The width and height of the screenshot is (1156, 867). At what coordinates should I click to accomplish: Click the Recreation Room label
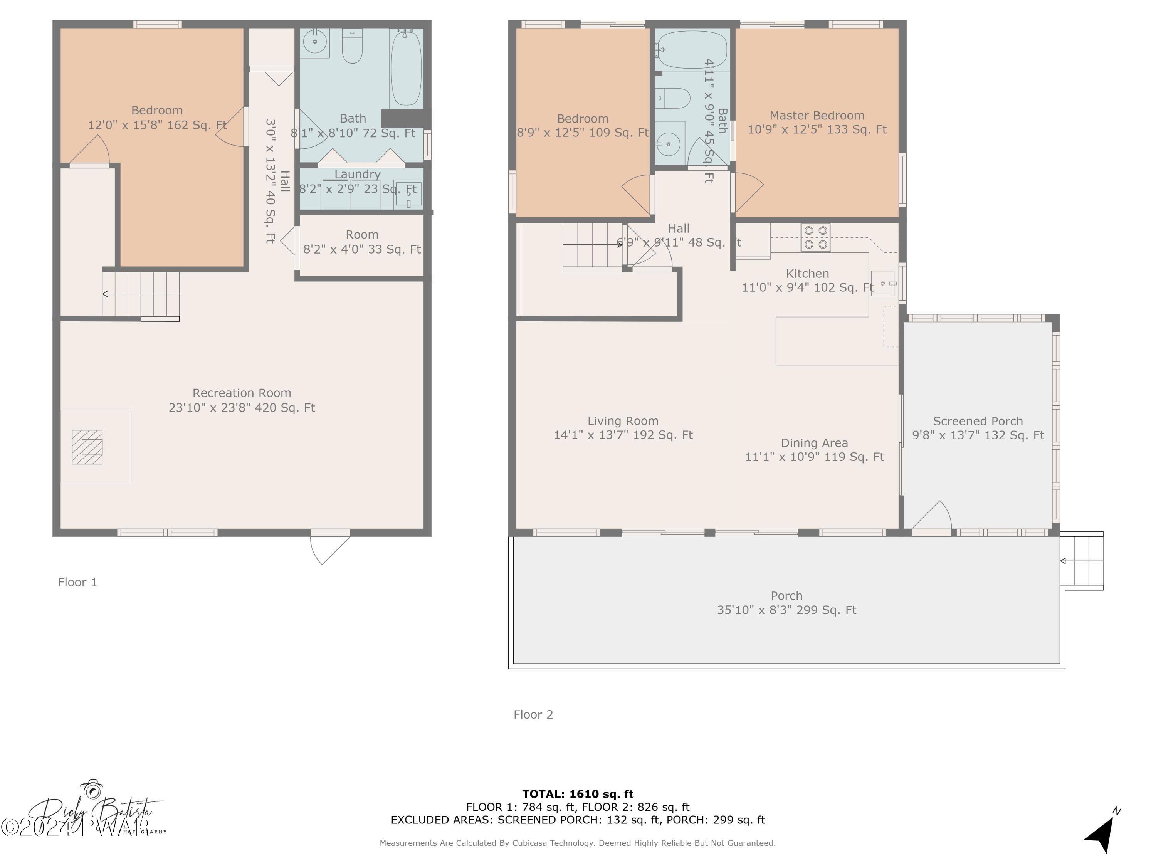[x=242, y=393]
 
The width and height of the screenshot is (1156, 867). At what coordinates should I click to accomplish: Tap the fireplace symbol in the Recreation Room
[x=87, y=447]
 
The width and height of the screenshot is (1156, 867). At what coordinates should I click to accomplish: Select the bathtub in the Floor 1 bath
[x=406, y=67]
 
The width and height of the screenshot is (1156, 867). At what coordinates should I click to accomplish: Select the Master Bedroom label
[x=817, y=116]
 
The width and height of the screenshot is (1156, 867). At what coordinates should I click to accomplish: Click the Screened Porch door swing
[x=933, y=516]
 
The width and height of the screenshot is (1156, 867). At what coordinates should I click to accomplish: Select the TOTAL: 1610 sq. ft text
[x=578, y=794]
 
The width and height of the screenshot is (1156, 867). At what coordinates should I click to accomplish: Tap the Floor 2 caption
[x=533, y=714]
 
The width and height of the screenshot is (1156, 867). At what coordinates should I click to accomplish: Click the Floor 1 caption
[x=77, y=582]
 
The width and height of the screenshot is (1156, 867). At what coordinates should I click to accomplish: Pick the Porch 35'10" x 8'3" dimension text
[x=786, y=610]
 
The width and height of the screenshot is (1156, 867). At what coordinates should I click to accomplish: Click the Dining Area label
[x=814, y=443]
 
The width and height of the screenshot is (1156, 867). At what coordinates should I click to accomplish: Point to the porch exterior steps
[x=1082, y=561]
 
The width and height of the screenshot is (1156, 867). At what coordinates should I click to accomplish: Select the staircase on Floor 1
[x=141, y=294]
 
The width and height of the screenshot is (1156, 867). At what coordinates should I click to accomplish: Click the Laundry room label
[x=358, y=175]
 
